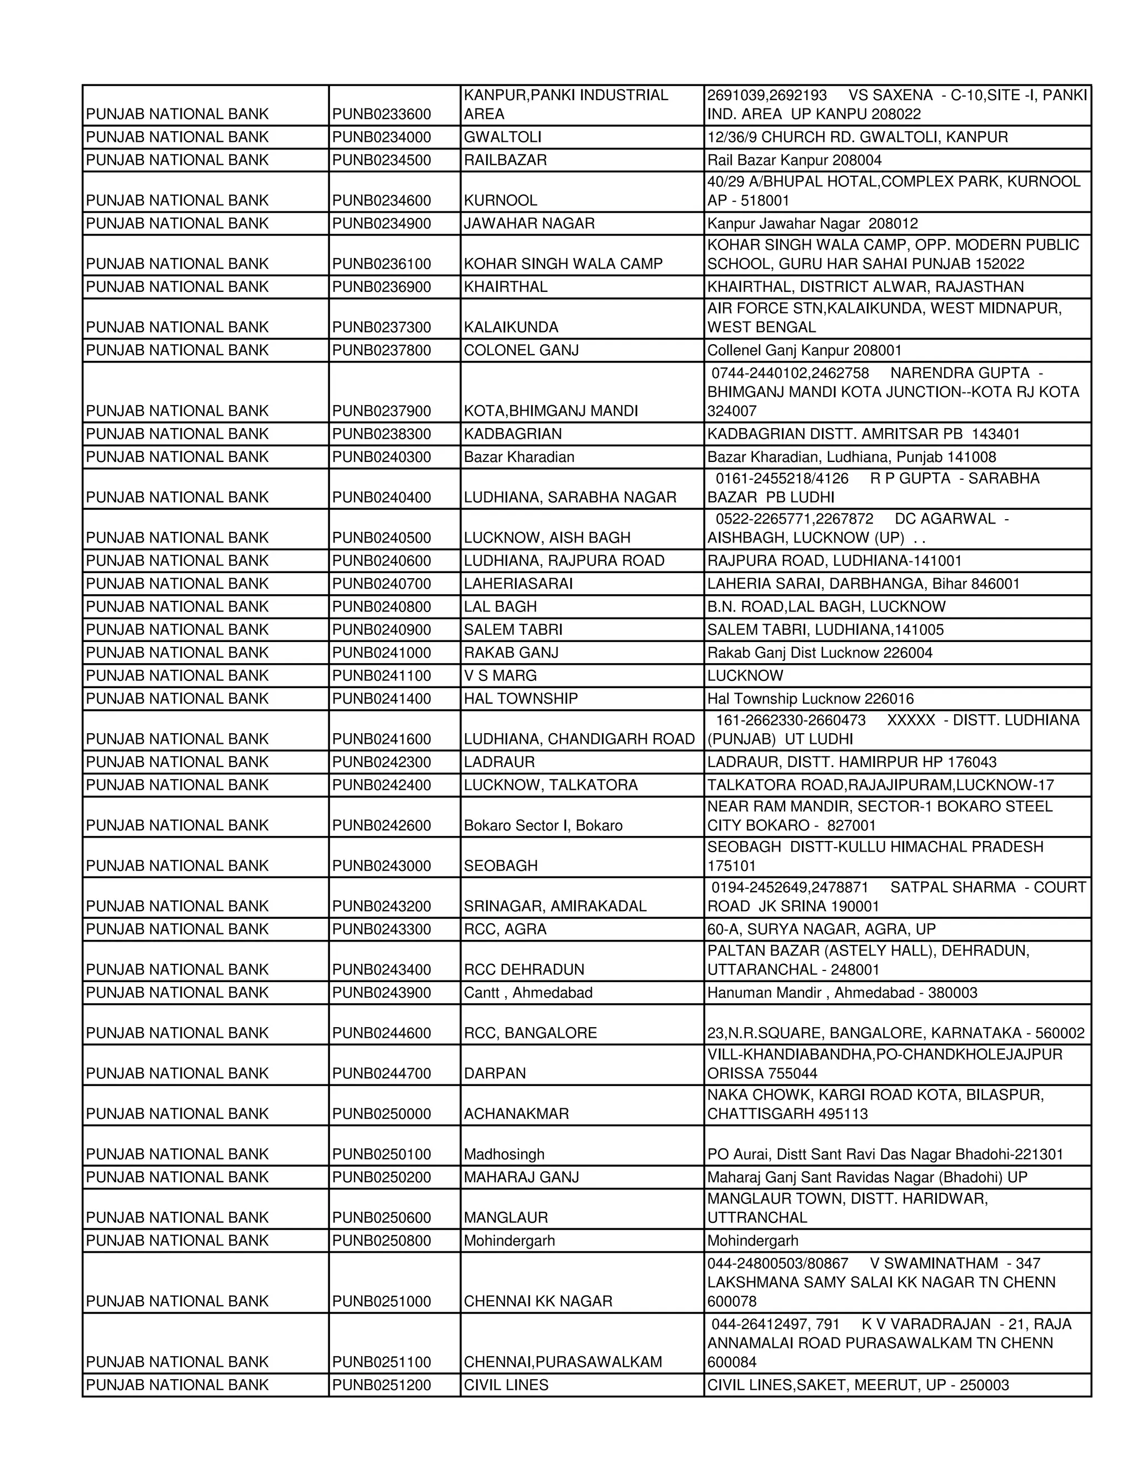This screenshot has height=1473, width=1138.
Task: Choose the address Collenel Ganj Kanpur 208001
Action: click(803, 350)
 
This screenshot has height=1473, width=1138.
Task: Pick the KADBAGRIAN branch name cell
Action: click(512, 434)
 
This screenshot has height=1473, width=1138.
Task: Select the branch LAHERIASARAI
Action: click(518, 584)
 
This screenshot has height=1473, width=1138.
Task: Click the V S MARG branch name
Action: click(500, 675)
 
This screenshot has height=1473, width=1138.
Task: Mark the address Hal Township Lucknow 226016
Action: click(810, 698)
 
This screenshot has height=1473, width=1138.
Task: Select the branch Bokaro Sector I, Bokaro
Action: click(543, 825)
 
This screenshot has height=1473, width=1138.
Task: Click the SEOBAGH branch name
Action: click(500, 865)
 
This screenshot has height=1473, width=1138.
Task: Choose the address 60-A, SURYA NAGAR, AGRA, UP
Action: click(821, 929)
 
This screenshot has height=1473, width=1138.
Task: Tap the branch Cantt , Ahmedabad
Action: click(528, 992)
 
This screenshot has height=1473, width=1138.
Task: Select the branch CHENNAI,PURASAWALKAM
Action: click(562, 1362)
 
